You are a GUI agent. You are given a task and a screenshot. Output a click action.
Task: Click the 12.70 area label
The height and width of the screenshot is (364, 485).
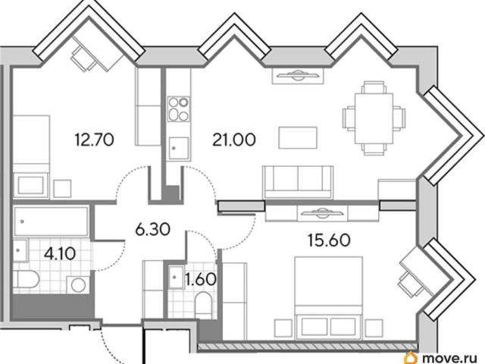(94, 140)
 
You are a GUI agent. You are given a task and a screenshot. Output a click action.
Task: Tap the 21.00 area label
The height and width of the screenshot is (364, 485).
(234, 140)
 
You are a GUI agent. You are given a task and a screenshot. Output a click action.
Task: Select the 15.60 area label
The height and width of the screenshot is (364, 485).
(329, 240)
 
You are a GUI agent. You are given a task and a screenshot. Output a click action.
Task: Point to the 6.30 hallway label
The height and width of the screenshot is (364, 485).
(153, 229)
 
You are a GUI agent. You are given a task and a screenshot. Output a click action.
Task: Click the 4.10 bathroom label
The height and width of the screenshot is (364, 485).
(60, 254)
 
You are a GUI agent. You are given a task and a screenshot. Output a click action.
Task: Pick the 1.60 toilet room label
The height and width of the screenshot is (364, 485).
(200, 280)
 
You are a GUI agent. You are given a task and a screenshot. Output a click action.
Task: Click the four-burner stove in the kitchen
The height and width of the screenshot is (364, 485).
(179, 109)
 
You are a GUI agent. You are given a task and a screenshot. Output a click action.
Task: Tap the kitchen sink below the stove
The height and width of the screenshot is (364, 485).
(179, 148)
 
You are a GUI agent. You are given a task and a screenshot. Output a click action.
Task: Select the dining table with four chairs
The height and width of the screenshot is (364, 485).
(374, 118)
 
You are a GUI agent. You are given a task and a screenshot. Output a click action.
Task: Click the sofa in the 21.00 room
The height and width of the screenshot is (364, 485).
(298, 182)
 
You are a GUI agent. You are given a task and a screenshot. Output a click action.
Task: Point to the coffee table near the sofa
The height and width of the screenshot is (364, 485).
(298, 137)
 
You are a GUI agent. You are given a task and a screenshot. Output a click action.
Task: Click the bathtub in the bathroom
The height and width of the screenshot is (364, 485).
(51, 221)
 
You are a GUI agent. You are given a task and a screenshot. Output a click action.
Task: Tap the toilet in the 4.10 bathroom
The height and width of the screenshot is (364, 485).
(26, 279)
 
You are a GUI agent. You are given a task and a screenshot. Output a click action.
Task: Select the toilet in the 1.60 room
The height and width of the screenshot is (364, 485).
(204, 305)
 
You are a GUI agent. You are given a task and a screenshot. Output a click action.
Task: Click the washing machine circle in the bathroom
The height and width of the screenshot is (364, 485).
(78, 285)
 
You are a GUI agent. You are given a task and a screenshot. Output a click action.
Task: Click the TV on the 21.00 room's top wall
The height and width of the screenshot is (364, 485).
(298, 75)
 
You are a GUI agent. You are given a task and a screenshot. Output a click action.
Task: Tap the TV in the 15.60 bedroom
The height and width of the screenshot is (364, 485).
(322, 213)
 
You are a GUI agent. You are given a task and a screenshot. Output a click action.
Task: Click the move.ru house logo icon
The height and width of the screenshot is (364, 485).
(412, 357)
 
